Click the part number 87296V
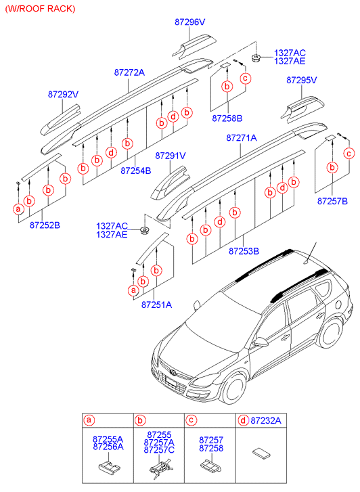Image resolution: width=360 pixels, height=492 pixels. click(x=190, y=22)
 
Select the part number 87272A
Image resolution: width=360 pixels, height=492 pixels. click(x=129, y=72)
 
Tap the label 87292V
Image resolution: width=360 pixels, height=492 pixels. click(x=63, y=94)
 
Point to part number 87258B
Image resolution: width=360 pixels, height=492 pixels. click(x=227, y=118)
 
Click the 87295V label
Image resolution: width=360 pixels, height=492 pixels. click(x=302, y=80)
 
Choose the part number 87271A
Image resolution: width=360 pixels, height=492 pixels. click(x=242, y=137)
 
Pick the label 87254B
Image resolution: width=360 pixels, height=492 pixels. click(x=136, y=171)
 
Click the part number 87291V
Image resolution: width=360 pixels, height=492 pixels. click(x=171, y=156)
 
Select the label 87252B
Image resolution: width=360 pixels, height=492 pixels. click(x=45, y=225)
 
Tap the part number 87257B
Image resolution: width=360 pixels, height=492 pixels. click(x=332, y=201)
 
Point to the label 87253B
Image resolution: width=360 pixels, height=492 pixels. click(x=244, y=251)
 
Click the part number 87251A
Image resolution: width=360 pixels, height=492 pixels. click(x=156, y=305)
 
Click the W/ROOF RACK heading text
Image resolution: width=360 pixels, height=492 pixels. click(x=40, y=9)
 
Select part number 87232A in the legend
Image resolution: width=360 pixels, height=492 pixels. click(x=266, y=420)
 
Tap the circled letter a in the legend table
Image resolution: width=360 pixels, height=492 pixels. click(x=89, y=420)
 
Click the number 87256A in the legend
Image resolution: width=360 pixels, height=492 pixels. click(x=108, y=447)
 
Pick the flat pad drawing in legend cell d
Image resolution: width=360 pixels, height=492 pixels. click(x=261, y=453)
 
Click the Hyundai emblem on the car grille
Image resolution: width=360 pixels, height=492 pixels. click(x=173, y=372)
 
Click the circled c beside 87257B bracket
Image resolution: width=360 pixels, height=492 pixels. click(x=349, y=154)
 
